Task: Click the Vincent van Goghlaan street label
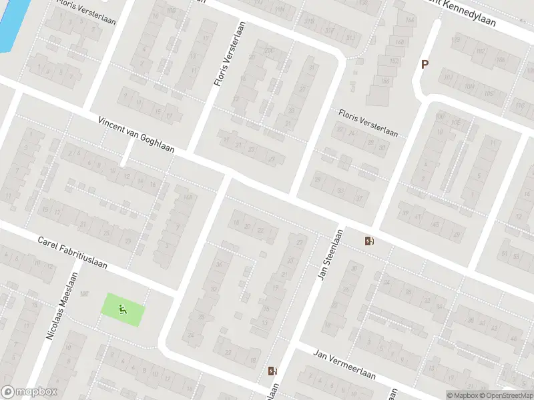136,135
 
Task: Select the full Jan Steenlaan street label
330,255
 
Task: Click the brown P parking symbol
424,65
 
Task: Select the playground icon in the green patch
121,309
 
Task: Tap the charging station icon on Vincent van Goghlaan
369,241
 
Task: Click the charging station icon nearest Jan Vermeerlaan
272,371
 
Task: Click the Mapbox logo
29,392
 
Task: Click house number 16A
188,197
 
